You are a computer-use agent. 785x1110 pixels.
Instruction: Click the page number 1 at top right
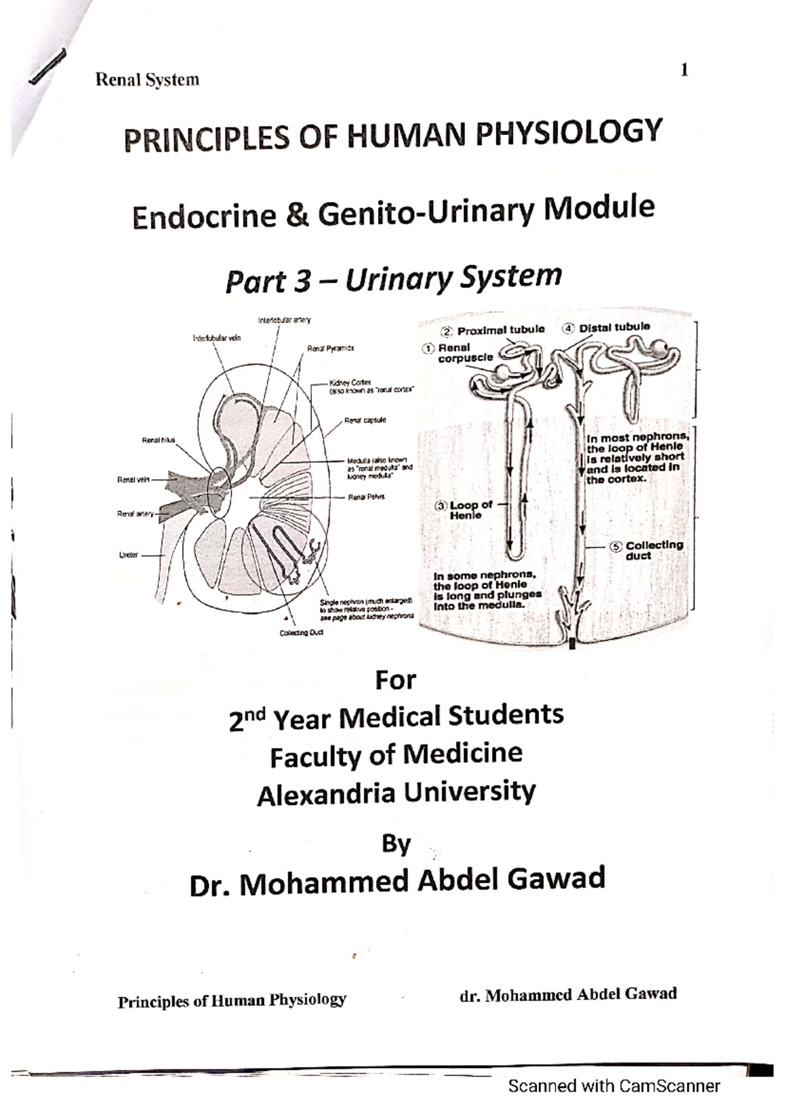684,70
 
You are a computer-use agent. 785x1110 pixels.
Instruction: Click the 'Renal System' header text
147,80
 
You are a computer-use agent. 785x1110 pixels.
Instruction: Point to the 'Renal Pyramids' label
330,349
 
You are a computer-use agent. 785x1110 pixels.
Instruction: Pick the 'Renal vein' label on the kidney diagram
133,480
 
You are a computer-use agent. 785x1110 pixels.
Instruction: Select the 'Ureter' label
128,555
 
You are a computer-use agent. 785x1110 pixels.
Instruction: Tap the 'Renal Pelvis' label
366,497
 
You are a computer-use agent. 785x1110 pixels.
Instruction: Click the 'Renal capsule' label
365,420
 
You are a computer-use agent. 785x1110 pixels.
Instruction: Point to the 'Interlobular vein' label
217,338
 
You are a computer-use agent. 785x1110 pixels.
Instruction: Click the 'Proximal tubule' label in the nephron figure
500,330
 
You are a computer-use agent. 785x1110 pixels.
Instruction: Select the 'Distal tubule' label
614,327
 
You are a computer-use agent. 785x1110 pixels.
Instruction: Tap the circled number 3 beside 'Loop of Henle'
442,505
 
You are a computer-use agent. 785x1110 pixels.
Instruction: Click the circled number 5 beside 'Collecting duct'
616,546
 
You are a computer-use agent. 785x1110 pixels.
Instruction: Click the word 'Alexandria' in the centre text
325,795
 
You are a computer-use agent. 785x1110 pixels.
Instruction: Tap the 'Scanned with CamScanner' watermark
614,1086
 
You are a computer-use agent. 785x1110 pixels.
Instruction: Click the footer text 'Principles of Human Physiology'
232,1001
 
